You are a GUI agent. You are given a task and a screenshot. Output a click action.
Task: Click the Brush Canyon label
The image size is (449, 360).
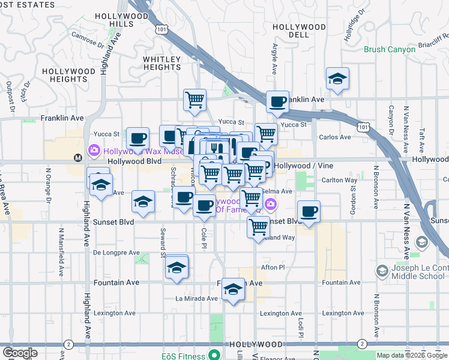click(x=390, y=49)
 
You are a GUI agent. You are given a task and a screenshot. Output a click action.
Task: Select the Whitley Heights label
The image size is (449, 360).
click(x=161, y=63)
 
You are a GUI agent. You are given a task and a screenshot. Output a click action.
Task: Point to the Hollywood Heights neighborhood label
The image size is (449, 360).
click(x=69, y=75)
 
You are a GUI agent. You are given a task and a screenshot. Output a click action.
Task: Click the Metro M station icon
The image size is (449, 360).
click(x=77, y=158)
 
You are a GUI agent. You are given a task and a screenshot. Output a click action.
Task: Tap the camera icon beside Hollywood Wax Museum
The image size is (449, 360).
click(x=94, y=150)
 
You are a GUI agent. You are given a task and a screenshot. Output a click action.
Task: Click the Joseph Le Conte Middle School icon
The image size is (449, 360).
click(x=382, y=272)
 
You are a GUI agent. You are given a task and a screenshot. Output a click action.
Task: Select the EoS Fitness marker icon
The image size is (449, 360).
click(x=211, y=356)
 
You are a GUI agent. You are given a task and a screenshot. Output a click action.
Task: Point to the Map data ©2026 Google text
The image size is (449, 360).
click(x=411, y=355)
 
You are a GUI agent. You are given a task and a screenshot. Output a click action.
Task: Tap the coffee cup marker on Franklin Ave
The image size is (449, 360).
click(x=277, y=102)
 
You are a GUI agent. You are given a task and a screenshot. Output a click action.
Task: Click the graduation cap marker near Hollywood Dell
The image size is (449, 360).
click(x=337, y=79)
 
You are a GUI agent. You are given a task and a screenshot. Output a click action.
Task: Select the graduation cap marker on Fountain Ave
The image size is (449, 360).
click(x=232, y=290)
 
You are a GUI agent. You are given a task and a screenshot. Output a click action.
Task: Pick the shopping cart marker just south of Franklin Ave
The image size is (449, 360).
click(x=194, y=101)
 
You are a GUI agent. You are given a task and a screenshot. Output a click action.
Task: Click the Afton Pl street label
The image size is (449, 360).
click(x=272, y=267)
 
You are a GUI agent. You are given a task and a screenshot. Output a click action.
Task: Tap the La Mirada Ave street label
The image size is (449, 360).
click(x=196, y=298)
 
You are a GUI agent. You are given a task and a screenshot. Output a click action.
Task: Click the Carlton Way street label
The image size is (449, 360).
click(x=340, y=180)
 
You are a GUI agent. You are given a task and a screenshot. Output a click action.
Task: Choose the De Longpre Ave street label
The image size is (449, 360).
click(x=116, y=253)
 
